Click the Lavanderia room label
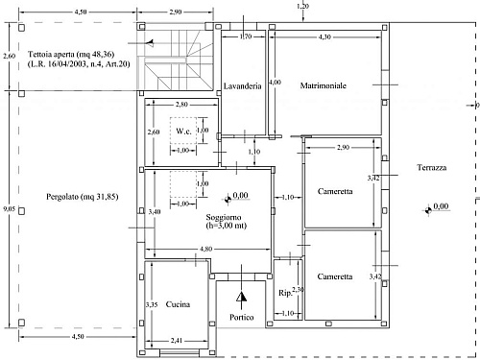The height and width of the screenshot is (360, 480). point(242,86)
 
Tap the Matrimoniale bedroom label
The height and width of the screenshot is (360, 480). point(324,85)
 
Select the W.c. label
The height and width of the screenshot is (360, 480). point(183,131)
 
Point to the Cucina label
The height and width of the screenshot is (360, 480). point(178,304)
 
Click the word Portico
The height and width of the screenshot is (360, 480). point(242,317)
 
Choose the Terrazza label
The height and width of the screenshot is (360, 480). point(432,167)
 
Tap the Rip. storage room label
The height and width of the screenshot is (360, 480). point(285,293)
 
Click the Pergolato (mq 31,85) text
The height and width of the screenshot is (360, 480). point(83,197)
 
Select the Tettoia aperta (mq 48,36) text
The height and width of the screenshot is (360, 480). point(71,54)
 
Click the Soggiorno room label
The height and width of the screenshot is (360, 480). point(224,217)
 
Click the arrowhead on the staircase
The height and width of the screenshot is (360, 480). point(150,43)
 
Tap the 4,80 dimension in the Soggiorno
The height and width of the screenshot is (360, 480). point(205,249)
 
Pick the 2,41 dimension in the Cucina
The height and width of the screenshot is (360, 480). point(177,341)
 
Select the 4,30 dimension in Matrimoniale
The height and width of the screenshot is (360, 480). point(324,36)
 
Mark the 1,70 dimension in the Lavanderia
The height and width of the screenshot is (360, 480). point(246,36)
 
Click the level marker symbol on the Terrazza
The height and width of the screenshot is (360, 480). point(428,210)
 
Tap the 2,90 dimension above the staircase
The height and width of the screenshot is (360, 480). point(176,12)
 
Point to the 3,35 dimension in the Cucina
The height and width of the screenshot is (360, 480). point(152,304)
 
